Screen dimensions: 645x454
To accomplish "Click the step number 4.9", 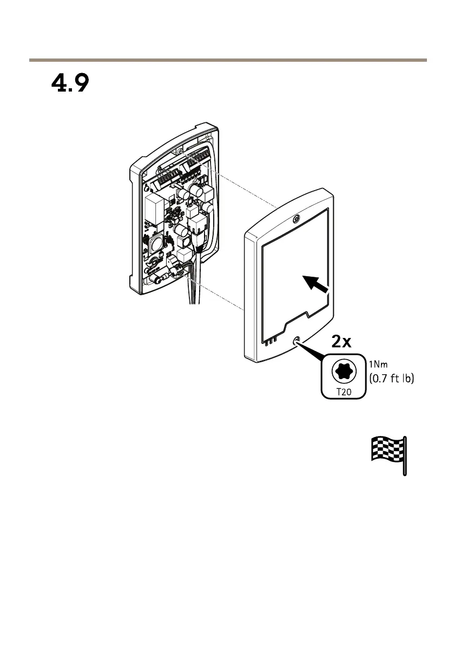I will pyautogui.click(x=70, y=84).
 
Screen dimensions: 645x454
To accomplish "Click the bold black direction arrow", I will pyautogui.click(x=316, y=283).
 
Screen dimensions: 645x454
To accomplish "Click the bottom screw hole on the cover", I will pyautogui.click(x=297, y=341).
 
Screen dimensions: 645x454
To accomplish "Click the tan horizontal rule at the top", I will pyautogui.click(x=227, y=60).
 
